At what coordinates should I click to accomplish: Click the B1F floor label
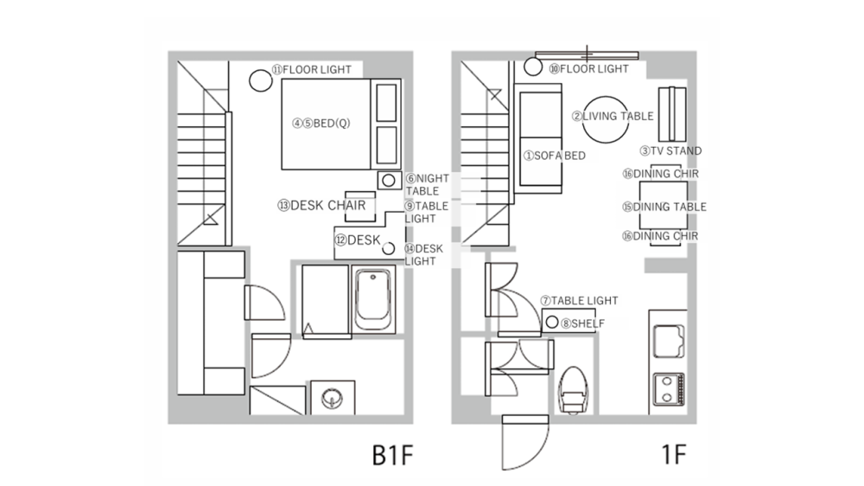click(x=394, y=456)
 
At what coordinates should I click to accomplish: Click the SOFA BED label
click(x=555, y=156)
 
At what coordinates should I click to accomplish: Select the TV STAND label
click(x=670, y=150)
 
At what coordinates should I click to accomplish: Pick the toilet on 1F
click(x=572, y=389)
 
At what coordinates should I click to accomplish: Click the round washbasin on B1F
click(x=332, y=399)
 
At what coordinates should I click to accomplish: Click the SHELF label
click(x=582, y=323)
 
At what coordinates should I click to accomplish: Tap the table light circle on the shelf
click(x=551, y=323)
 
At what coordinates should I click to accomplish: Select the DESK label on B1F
click(x=358, y=240)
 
